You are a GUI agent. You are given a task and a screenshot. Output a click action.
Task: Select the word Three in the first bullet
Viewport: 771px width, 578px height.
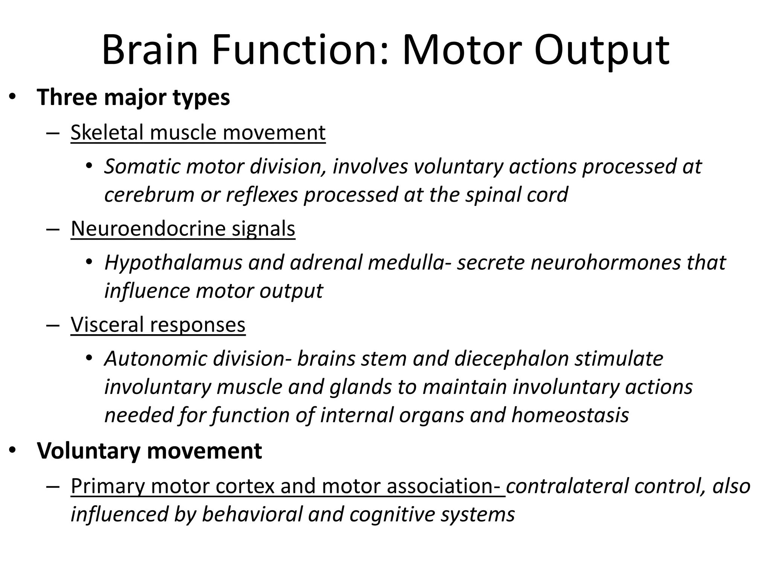click(67, 97)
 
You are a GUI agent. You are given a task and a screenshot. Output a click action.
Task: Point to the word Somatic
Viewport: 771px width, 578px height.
click(142, 166)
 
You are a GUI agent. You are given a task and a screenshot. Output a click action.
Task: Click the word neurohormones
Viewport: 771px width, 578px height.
click(605, 262)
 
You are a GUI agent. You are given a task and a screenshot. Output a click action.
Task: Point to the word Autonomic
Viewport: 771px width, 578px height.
click(156, 358)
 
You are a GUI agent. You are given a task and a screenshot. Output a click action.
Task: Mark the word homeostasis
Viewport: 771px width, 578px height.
click(570, 415)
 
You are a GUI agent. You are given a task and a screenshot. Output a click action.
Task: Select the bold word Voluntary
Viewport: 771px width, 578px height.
click(89, 450)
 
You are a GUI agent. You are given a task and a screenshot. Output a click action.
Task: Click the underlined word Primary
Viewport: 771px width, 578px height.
click(107, 486)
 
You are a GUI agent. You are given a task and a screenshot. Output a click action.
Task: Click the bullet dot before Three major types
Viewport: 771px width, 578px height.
click(12, 97)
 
